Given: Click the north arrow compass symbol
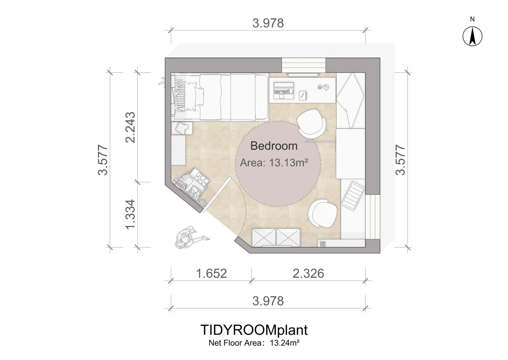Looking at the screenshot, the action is (x=472, y=36).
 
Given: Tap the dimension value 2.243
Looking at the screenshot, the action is (x=130, y=127).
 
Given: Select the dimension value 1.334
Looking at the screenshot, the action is (x=130, y=214).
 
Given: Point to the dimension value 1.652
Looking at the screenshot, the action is (x=211, y=274).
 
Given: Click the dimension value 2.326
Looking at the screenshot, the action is (x=308, y=274).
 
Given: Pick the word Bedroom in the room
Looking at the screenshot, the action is (x=274, y=146).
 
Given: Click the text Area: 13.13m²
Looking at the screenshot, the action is (x=274, y=163).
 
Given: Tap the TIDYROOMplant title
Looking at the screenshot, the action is (x=254, y=330).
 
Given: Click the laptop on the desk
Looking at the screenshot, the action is (x=284, y=90).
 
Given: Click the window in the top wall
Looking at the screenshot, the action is (x=304, y=65).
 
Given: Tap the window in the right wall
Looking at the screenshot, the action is (x=373, y=217).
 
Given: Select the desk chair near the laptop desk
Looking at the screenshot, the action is (x=312, y=124).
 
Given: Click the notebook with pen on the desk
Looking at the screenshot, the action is (x=303, y=96).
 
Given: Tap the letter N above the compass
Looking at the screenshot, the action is (x=472, y=19).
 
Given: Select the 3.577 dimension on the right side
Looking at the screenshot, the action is (x=400, y=160).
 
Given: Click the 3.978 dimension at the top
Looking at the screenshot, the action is (x=268, y=23).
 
